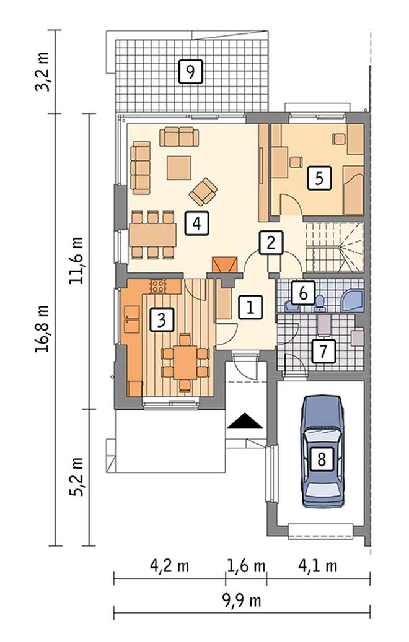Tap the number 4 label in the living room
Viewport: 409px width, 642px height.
[196, 223]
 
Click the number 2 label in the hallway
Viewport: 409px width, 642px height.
[270, 243]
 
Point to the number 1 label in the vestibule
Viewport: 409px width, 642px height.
[249, 308]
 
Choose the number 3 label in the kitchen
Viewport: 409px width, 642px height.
[162, 319]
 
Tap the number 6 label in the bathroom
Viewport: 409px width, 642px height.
[303, 293]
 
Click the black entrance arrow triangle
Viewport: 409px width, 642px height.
[245, 422]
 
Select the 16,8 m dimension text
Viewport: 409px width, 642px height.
[42, 328]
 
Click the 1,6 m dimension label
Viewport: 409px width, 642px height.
[246, 566]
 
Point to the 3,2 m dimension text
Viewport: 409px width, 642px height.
[42, 71]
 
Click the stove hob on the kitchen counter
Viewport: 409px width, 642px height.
[159, 286]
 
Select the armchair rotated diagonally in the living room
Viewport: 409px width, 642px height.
[203, 192]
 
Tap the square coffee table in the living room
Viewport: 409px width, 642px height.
[179, 167]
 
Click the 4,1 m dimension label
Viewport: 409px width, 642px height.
[318, 566]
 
